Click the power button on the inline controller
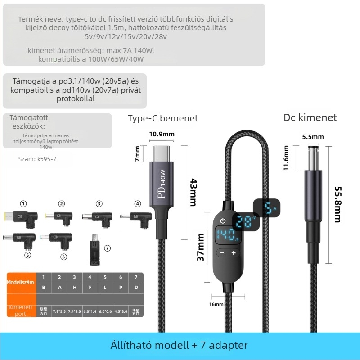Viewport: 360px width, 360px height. [223, 220]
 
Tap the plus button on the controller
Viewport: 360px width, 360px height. [234, 253]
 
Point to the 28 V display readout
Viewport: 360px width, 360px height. [243, 222]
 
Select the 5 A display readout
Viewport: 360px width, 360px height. [269, 208]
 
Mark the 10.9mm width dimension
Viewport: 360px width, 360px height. [162, 134]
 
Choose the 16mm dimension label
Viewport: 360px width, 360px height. [216, 305]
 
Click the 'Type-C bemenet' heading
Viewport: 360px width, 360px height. [163, 118]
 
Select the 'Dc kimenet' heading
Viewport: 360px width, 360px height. [310, 117]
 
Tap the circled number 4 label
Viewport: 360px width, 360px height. [138, 204]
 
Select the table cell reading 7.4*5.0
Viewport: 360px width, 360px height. [74, 310]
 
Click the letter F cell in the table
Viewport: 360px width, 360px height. [90, 287]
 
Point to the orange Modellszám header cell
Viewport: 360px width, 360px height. [21, 282]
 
